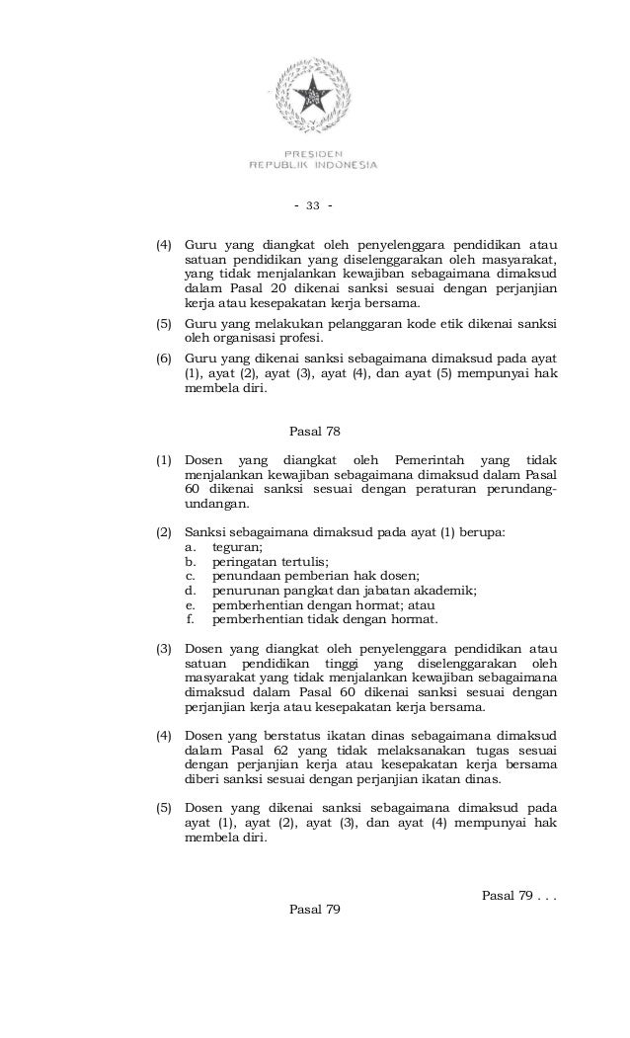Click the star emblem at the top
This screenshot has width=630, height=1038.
click(x=312, y=95)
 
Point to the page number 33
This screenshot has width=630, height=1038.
click(x=313, y=205)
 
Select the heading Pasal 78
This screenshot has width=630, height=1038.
click(x=314, y=432)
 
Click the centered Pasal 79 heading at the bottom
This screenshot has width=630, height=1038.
click(x=314, y=909)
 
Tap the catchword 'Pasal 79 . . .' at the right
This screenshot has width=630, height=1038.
click(x=518, y=895)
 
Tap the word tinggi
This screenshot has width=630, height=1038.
click(x=339, y=664)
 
